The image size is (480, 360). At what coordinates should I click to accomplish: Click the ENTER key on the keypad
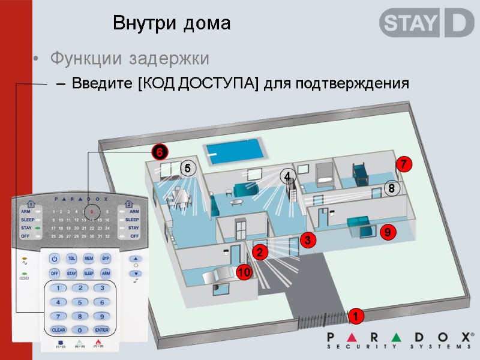click(x=102, y=330)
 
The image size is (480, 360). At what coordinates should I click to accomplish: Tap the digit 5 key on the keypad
click(x=80, y=302)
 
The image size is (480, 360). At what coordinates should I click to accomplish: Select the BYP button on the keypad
click(x=106, y=259)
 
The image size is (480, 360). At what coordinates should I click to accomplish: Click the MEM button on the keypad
click(x=88, y=259)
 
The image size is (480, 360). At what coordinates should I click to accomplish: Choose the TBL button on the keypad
click(x=71, y=259)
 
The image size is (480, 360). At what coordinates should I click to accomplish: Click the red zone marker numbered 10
click(x=244, y=273)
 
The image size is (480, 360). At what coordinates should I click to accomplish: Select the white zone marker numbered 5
click(x=187, y=170)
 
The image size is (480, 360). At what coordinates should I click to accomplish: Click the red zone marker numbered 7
click(x=404, y=164)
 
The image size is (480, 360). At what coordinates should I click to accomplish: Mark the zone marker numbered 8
click(x=391, y=189)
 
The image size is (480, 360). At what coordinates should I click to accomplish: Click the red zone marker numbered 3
click(x=307, y=240)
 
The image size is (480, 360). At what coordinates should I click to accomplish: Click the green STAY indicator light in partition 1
click(x=38, y=229)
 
